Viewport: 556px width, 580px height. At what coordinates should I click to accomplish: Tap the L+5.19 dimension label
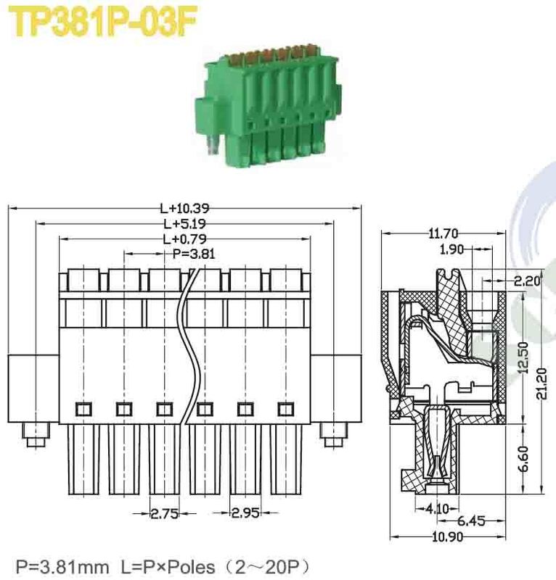point(185,224)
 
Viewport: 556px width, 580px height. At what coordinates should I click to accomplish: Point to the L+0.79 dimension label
point(185,239)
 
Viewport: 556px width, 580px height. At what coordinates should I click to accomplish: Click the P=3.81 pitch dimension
point(193,254)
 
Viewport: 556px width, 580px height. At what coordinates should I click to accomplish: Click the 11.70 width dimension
point(443,233)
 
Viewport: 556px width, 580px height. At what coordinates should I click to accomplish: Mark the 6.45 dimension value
point(472,521)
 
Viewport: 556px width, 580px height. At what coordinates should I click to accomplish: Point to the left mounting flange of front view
point(33,388)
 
